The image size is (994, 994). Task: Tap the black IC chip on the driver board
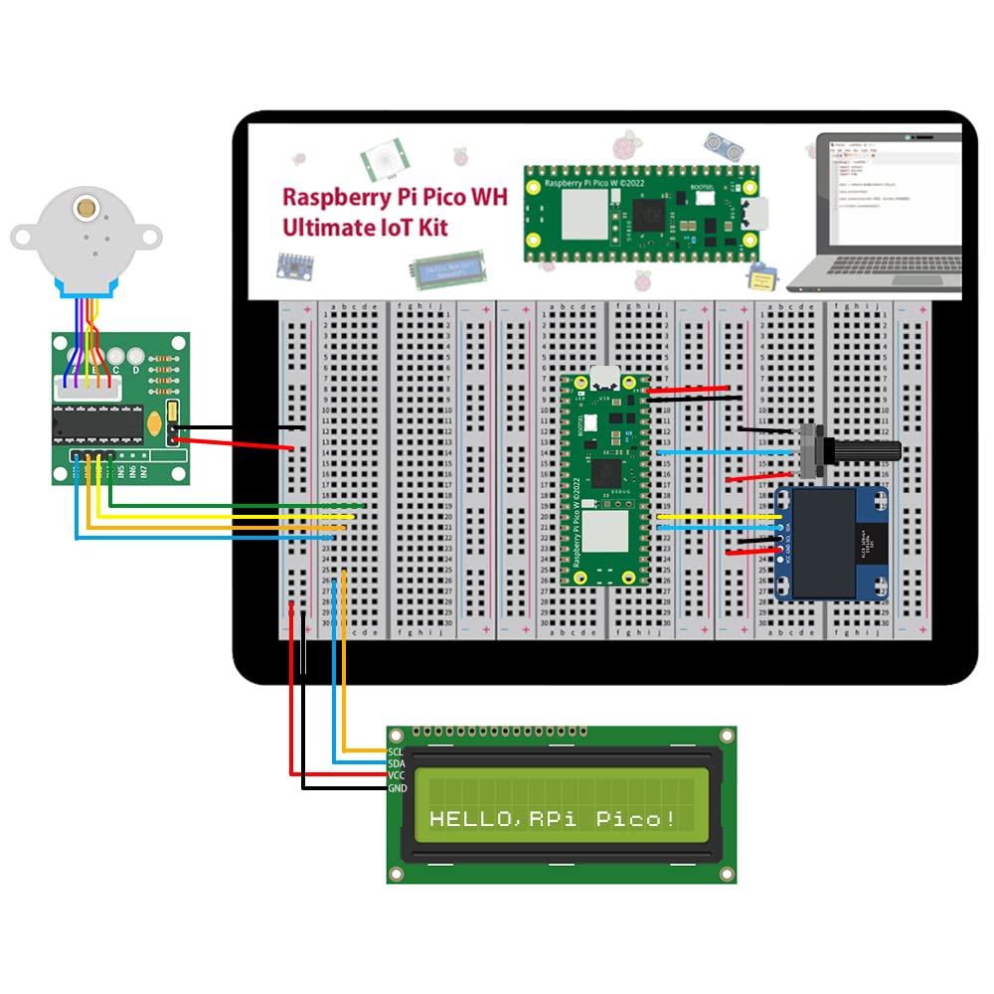point(97,422)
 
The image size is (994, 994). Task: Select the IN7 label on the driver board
point(144,472)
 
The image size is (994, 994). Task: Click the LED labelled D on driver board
point(136,371)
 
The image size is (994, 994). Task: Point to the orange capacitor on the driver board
point(155,424)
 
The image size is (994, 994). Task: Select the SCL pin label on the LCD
point(395,751)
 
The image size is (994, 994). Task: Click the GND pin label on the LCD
point(396,788)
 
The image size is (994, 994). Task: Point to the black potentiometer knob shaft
point(865,449)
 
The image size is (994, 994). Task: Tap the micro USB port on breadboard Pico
point(602,378)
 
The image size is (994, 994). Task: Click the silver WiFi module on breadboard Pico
point(603,531)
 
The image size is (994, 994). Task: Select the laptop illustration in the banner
point(880,214)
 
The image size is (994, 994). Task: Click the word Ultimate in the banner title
point(323,228)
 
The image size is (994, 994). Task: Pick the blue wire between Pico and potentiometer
point(726,451)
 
